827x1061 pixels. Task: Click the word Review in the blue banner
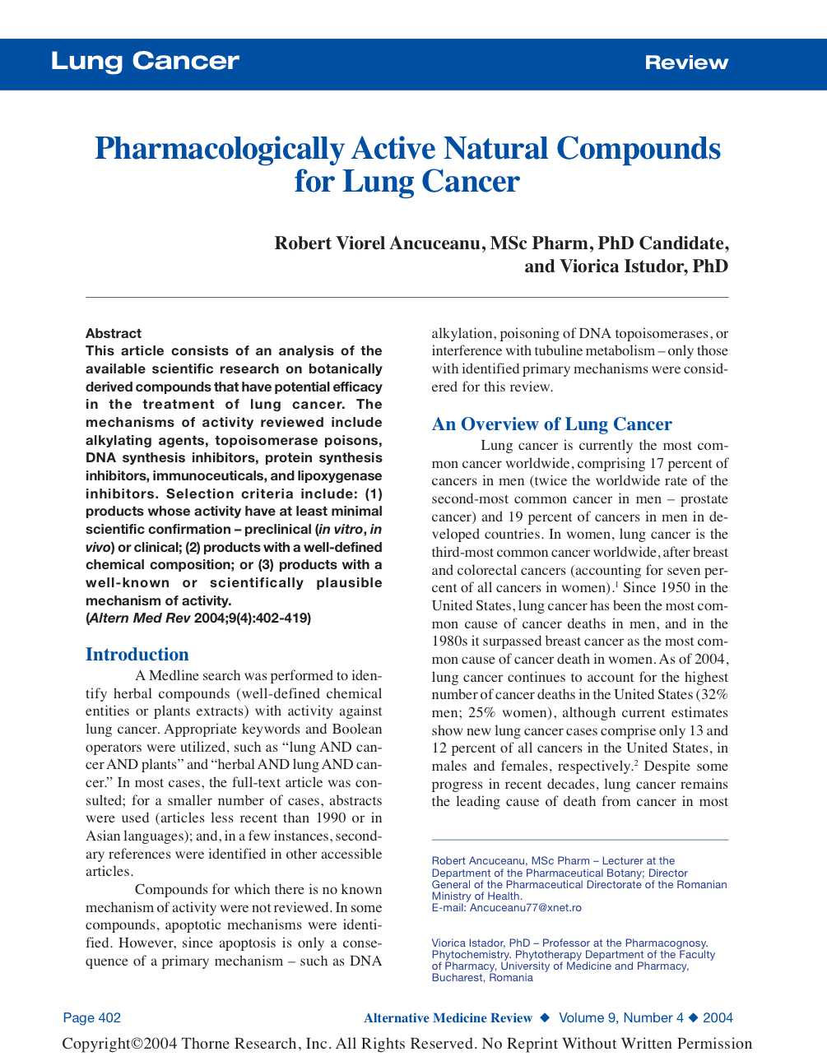click(686, 63)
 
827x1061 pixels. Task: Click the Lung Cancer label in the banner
click(145, 61)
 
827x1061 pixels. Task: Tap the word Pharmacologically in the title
click(219, 149)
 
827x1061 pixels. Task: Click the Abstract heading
click(114, 333)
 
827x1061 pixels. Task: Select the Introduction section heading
click(137, 655)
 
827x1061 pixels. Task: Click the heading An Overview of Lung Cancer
click(551, 424)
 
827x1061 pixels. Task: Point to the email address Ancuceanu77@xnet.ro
click(525, 908)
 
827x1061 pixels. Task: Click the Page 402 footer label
click(92, 1018)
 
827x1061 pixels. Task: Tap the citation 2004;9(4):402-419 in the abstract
click(253, 619)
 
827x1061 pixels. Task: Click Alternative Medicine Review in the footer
click(448, 1018)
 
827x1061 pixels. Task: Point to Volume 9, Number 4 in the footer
click(621, 1018)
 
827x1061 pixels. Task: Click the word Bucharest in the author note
click(458, 978)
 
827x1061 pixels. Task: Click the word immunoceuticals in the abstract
click(199, 476)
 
